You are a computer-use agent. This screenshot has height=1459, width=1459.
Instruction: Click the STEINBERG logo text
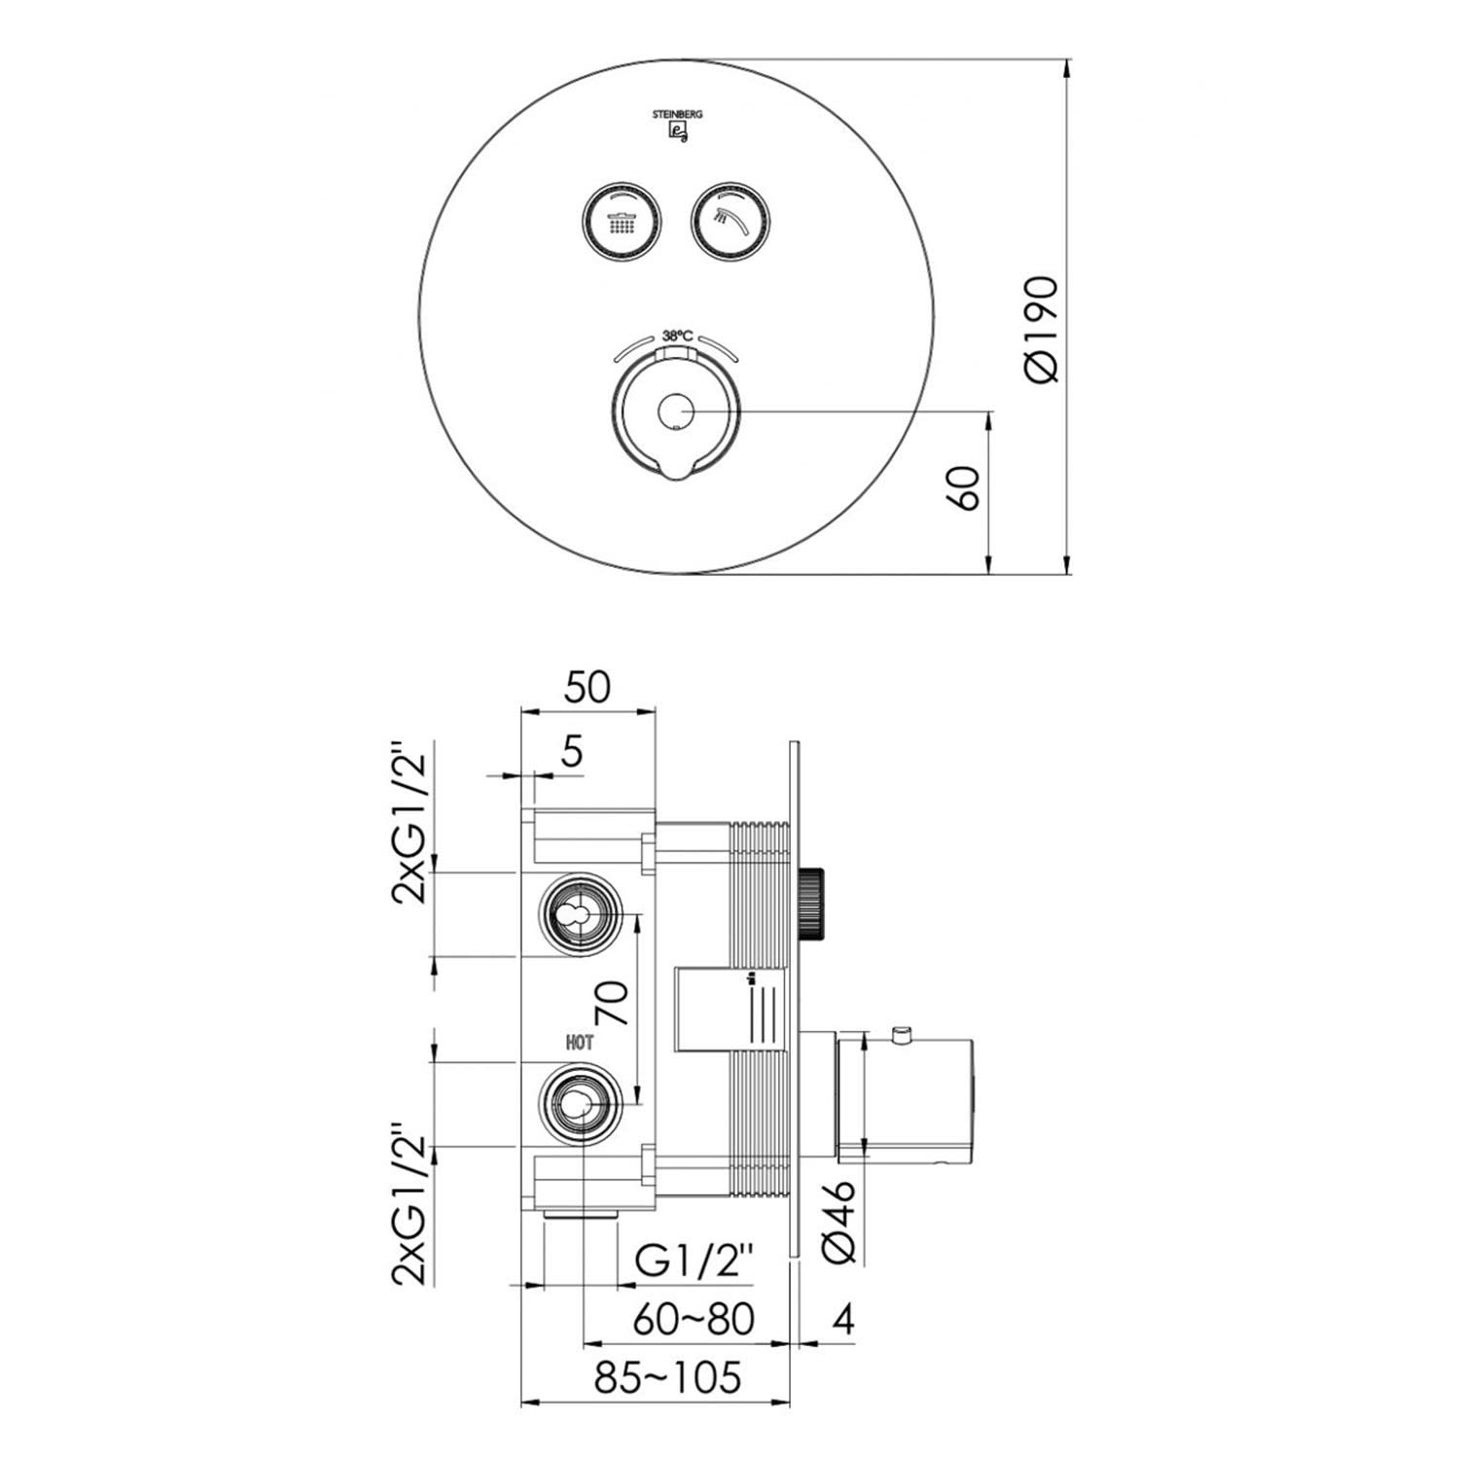coord(678,114)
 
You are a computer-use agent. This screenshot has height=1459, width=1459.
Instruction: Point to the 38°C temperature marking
coord(678,336)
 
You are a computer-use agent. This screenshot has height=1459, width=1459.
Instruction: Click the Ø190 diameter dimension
coord(1040,329)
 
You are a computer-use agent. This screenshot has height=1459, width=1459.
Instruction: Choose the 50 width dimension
coord(587,687)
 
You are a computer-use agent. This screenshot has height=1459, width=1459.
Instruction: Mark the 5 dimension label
coord(572,751)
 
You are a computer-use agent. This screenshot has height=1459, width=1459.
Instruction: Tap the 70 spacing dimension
coord(612,1002)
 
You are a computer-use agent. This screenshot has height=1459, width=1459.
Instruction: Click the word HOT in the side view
coord(580,1043)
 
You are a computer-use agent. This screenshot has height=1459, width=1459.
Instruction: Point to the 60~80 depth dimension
coord(693,1320)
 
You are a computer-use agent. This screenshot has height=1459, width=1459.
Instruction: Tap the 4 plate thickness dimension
coord(843,1320)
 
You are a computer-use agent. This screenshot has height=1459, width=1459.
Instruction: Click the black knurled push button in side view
coord(813,902)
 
